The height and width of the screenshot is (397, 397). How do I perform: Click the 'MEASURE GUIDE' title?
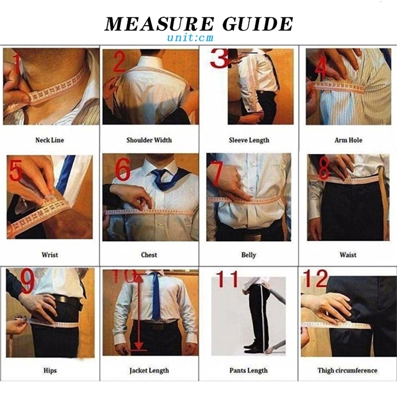[x=199, y=23]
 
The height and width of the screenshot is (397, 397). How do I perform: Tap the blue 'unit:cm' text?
[x=190, y=38]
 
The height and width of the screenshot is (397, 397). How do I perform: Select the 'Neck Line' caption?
[x=50, y=140]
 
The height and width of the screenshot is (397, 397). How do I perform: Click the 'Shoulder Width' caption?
[x=149, y=140]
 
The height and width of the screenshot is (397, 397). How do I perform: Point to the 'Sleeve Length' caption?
[x=249, y=140]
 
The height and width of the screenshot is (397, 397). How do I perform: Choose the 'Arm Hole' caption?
[x=348, y=140]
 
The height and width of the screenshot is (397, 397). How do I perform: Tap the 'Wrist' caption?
[x=50, y=255]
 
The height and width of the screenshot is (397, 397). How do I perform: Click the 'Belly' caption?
[x=249, y=255]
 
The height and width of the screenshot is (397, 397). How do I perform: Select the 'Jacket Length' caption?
[x=149, y=371]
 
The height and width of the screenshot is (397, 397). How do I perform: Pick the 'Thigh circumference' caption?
[x=347, y=370]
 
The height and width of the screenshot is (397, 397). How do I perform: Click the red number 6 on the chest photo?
[x=123, y=169]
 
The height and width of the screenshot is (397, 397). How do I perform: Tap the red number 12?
[x=316, y=278]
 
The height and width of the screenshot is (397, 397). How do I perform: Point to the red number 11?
[x=227, y=279]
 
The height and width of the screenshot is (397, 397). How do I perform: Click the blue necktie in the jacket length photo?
[x=156, y=296]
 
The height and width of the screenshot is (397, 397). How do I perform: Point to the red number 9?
[x=27, y=281]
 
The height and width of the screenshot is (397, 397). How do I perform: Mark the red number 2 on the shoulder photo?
[x=120, y=61]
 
